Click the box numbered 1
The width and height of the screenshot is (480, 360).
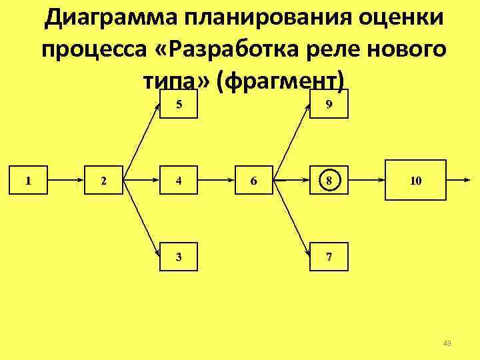coord(27,180)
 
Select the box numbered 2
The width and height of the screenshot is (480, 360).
coord(103,180)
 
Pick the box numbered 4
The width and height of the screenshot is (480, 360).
coord(179,180)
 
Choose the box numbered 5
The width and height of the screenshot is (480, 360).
coord(179,103)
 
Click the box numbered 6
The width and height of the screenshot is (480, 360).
coord(253,180)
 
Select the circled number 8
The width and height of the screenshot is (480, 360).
coord(329,180)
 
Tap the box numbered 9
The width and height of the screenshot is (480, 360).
coord(329,103)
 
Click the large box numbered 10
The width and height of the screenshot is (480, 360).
coord(415,180)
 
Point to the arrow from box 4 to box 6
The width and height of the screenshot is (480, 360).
coord(216,180)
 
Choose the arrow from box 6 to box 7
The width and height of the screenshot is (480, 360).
coord(293,220)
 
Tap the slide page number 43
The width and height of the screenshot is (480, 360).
coord(447,343)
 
